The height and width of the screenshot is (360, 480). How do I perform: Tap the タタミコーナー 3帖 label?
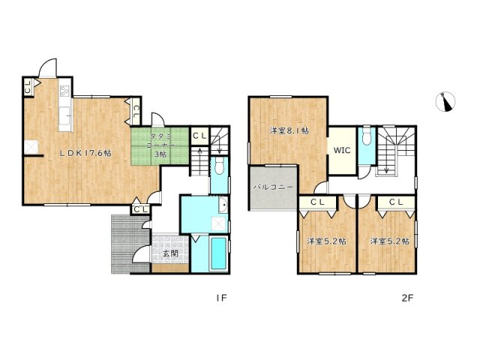click(x=159, y=143)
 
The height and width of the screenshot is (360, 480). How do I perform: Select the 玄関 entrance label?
click(x=169, y=253)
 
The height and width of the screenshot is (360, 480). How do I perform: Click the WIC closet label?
click(x=342, y=150)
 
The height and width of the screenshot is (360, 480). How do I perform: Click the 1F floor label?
click(x=221, y=298)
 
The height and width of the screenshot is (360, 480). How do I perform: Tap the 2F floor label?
click(x=407, y=298)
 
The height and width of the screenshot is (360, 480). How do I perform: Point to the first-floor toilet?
click(x=217, y=166)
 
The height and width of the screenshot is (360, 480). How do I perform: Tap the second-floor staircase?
click(x=393, y=150)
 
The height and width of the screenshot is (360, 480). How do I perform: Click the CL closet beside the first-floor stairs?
click(x=199, y=136)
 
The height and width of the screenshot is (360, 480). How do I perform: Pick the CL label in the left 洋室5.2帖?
click(x=316, y=202)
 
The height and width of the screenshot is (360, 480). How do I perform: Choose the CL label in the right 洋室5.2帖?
click(x=396, y=202)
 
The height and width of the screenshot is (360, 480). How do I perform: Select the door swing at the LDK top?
click(x=48, y=69)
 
